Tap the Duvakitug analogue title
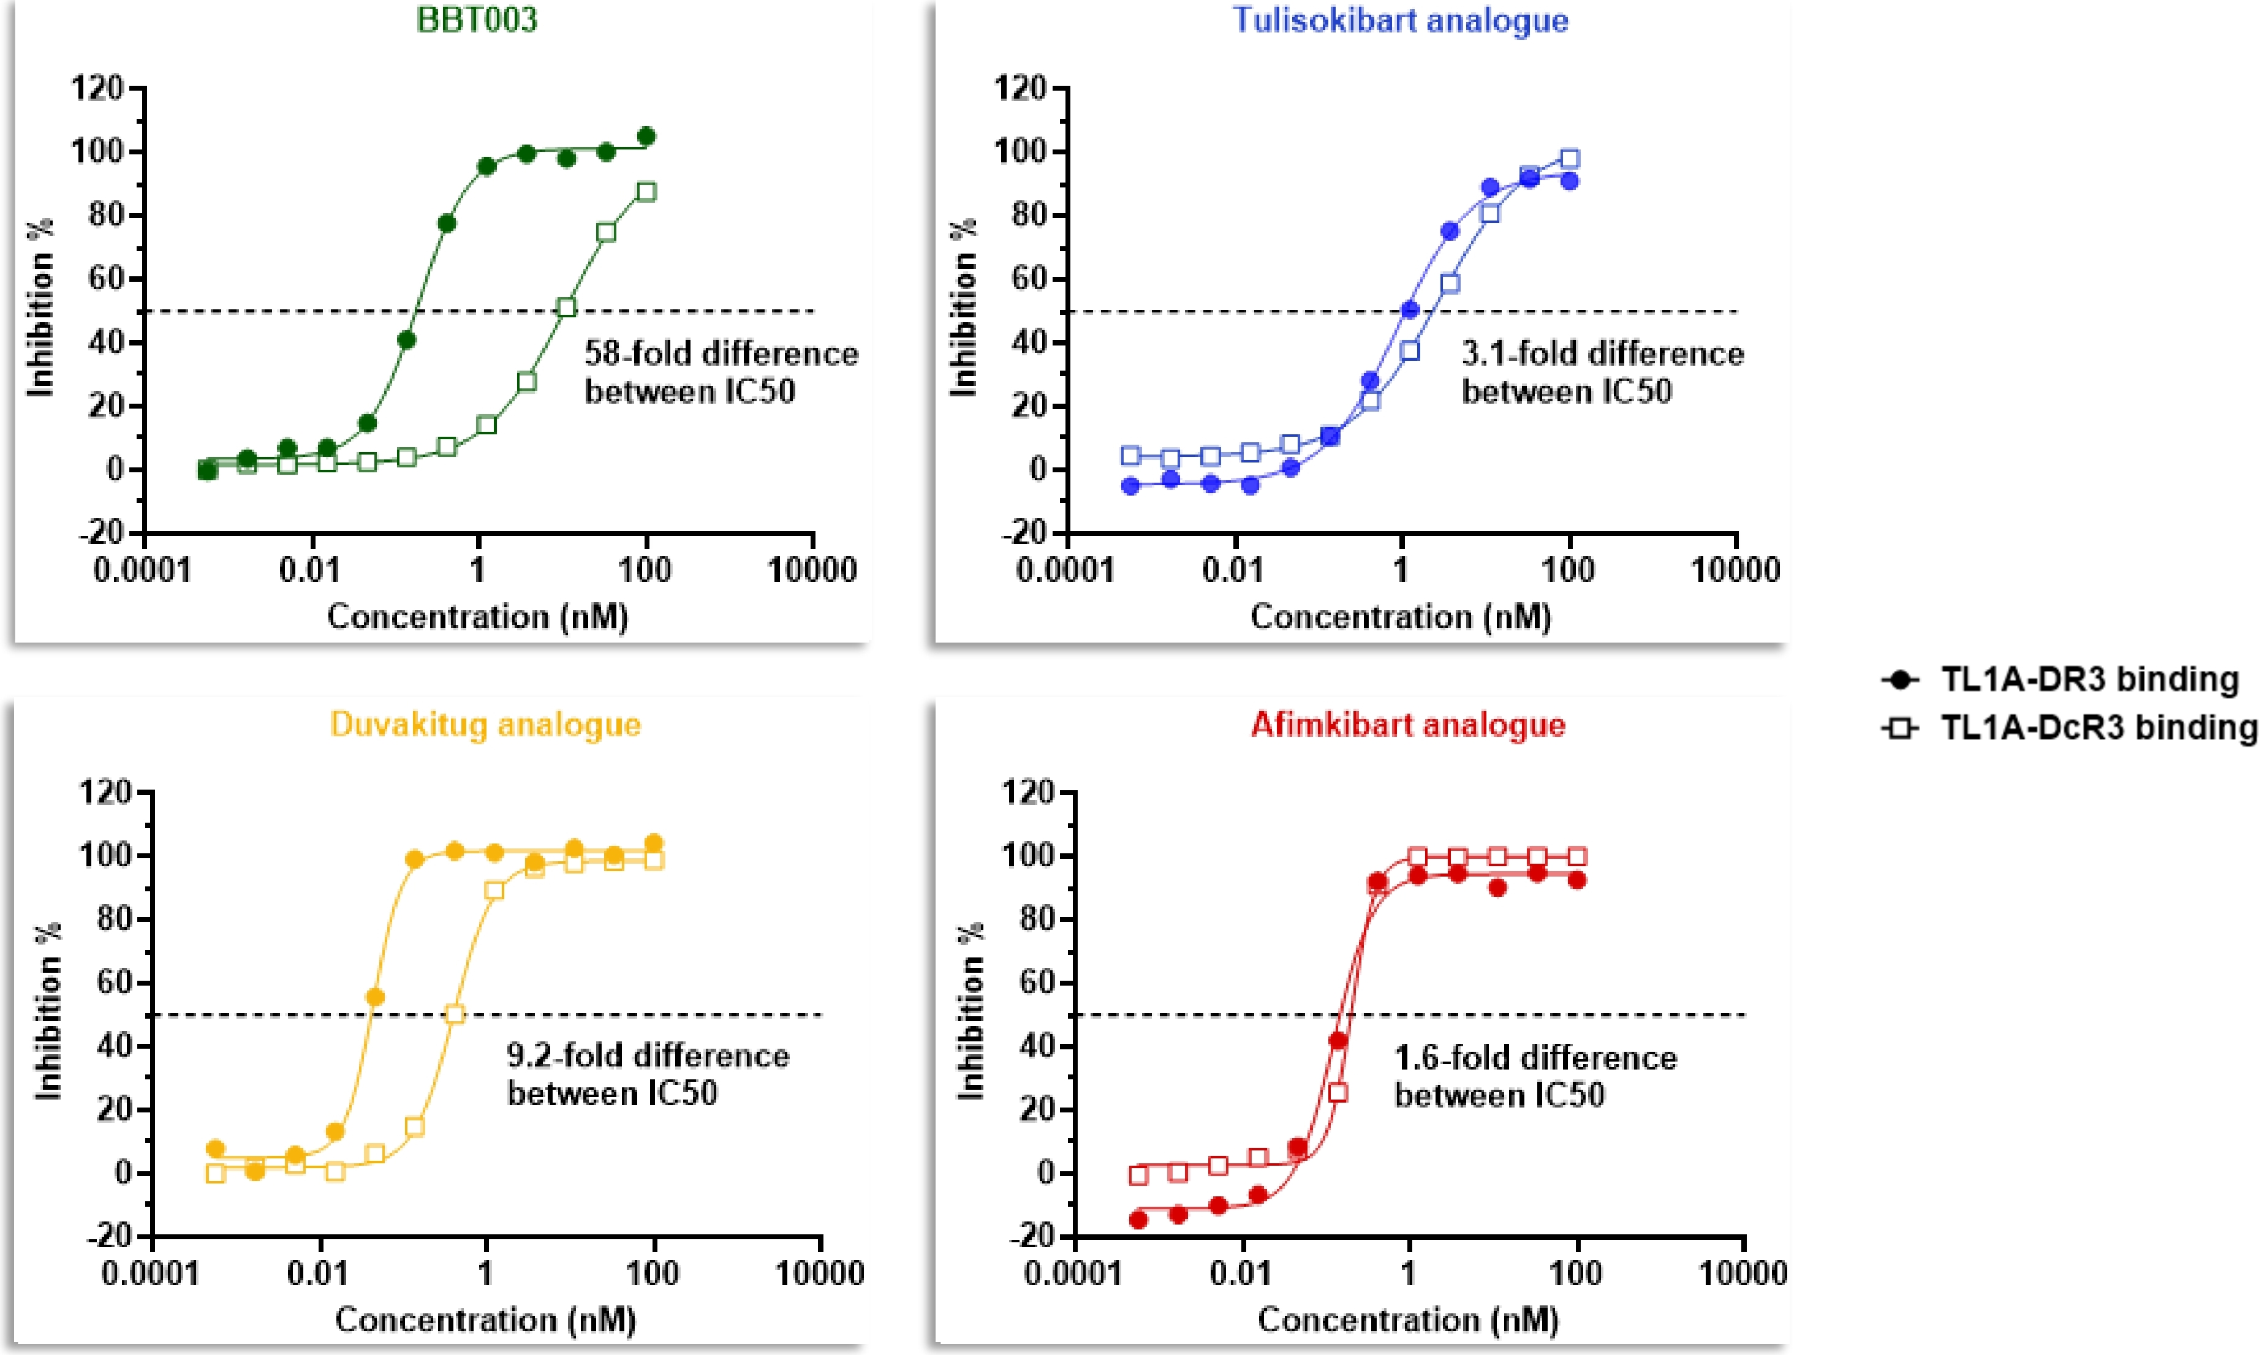485,724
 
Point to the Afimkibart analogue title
1408,724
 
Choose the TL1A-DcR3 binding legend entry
2069,728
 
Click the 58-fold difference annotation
721,372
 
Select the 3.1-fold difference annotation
1602,372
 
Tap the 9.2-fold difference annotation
648,1074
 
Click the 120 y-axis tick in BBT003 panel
97,89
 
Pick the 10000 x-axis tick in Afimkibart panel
1742,1273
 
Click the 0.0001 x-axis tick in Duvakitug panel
149,1273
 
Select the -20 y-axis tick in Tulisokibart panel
1022,532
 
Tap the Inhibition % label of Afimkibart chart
970,1011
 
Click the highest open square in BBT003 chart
646,192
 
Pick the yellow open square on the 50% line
454,1014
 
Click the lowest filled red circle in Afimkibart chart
1138,1220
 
